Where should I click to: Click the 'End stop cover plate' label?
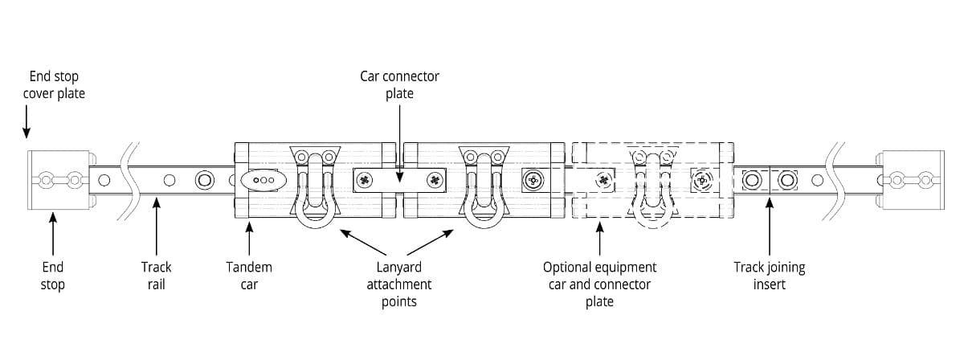tap(54, 85)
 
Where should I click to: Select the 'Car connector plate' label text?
tap(399, 85)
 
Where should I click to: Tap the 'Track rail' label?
tap(157, 276)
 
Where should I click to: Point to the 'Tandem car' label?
tap(249, 276)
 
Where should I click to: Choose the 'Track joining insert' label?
tap(769, 276)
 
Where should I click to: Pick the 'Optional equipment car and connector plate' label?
tap(599, 284)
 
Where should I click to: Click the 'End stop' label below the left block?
tap(53, 276)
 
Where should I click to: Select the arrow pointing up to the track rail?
tap(157, 229)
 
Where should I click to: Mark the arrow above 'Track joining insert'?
tap(769, 229)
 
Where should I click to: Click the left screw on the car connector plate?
tap(366, 180)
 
